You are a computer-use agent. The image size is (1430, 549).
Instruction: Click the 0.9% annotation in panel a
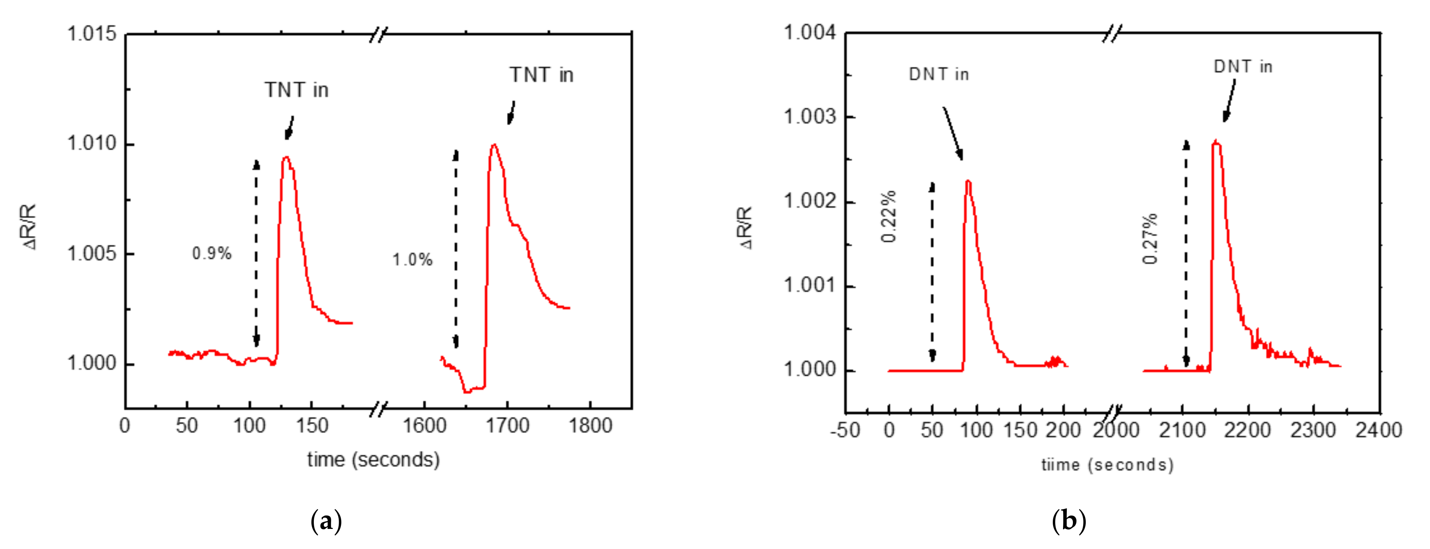point(212,254)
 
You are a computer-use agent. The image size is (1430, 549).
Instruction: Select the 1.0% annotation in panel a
point(413,260)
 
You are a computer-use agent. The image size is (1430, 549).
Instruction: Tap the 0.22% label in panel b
point(889,216)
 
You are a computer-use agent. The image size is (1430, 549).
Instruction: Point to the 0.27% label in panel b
point(1150,239)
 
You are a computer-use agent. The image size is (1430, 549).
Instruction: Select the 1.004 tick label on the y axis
point(809,33)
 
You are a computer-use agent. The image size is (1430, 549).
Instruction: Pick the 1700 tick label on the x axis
point(507,426)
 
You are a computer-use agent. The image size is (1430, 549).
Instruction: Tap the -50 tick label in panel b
point(845,430)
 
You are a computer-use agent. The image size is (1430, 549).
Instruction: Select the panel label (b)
point(1068,521)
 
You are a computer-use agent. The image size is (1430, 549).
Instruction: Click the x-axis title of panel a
point(373,460)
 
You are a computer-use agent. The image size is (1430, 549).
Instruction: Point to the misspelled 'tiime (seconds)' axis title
point(1107,464)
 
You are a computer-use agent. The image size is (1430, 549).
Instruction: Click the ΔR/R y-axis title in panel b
point(745,228)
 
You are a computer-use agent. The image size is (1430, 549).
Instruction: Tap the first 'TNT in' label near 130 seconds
point(296,90)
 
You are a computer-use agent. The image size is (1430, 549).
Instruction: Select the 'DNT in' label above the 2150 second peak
point(1242,66)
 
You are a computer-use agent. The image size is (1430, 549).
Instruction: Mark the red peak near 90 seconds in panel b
point(968,181)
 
